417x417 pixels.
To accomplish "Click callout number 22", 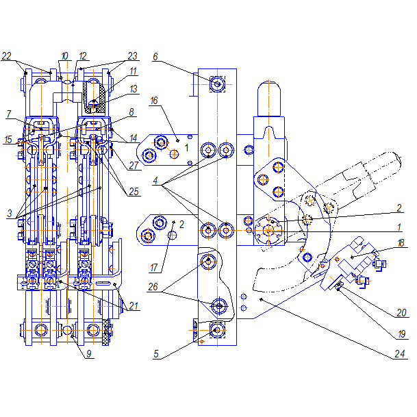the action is [x=7, y=56].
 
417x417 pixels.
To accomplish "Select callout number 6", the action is [x=155, y=57].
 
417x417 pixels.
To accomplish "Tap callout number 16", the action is [x=154, y=101].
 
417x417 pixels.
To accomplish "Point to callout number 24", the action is [x=399, y=354].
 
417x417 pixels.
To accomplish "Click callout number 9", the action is [x=89, y=354].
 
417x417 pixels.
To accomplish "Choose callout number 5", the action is [x=156, y=354].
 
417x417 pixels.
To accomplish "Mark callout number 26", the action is [x=153, y=287].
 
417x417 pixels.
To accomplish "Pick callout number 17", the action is [x=154, y=268].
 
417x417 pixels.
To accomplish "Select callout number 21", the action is [x=134, y=306].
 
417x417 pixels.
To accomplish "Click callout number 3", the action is [x=10, y=213].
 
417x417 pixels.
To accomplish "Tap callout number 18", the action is [x=401, y=243].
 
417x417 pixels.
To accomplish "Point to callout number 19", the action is [x=401, y=334].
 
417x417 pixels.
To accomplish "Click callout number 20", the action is [x=401, y=313].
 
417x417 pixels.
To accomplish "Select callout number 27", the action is [x=134, y=166].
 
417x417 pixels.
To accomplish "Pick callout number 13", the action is [x=134, y=89].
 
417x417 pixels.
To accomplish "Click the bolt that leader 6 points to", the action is [x=217, y=84].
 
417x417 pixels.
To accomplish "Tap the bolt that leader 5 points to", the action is [x=217, y=330].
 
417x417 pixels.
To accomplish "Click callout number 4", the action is [x=155, y=181].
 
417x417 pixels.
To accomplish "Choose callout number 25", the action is [x=134, y=192].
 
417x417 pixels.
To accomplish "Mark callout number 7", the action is [x=9, y=114].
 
